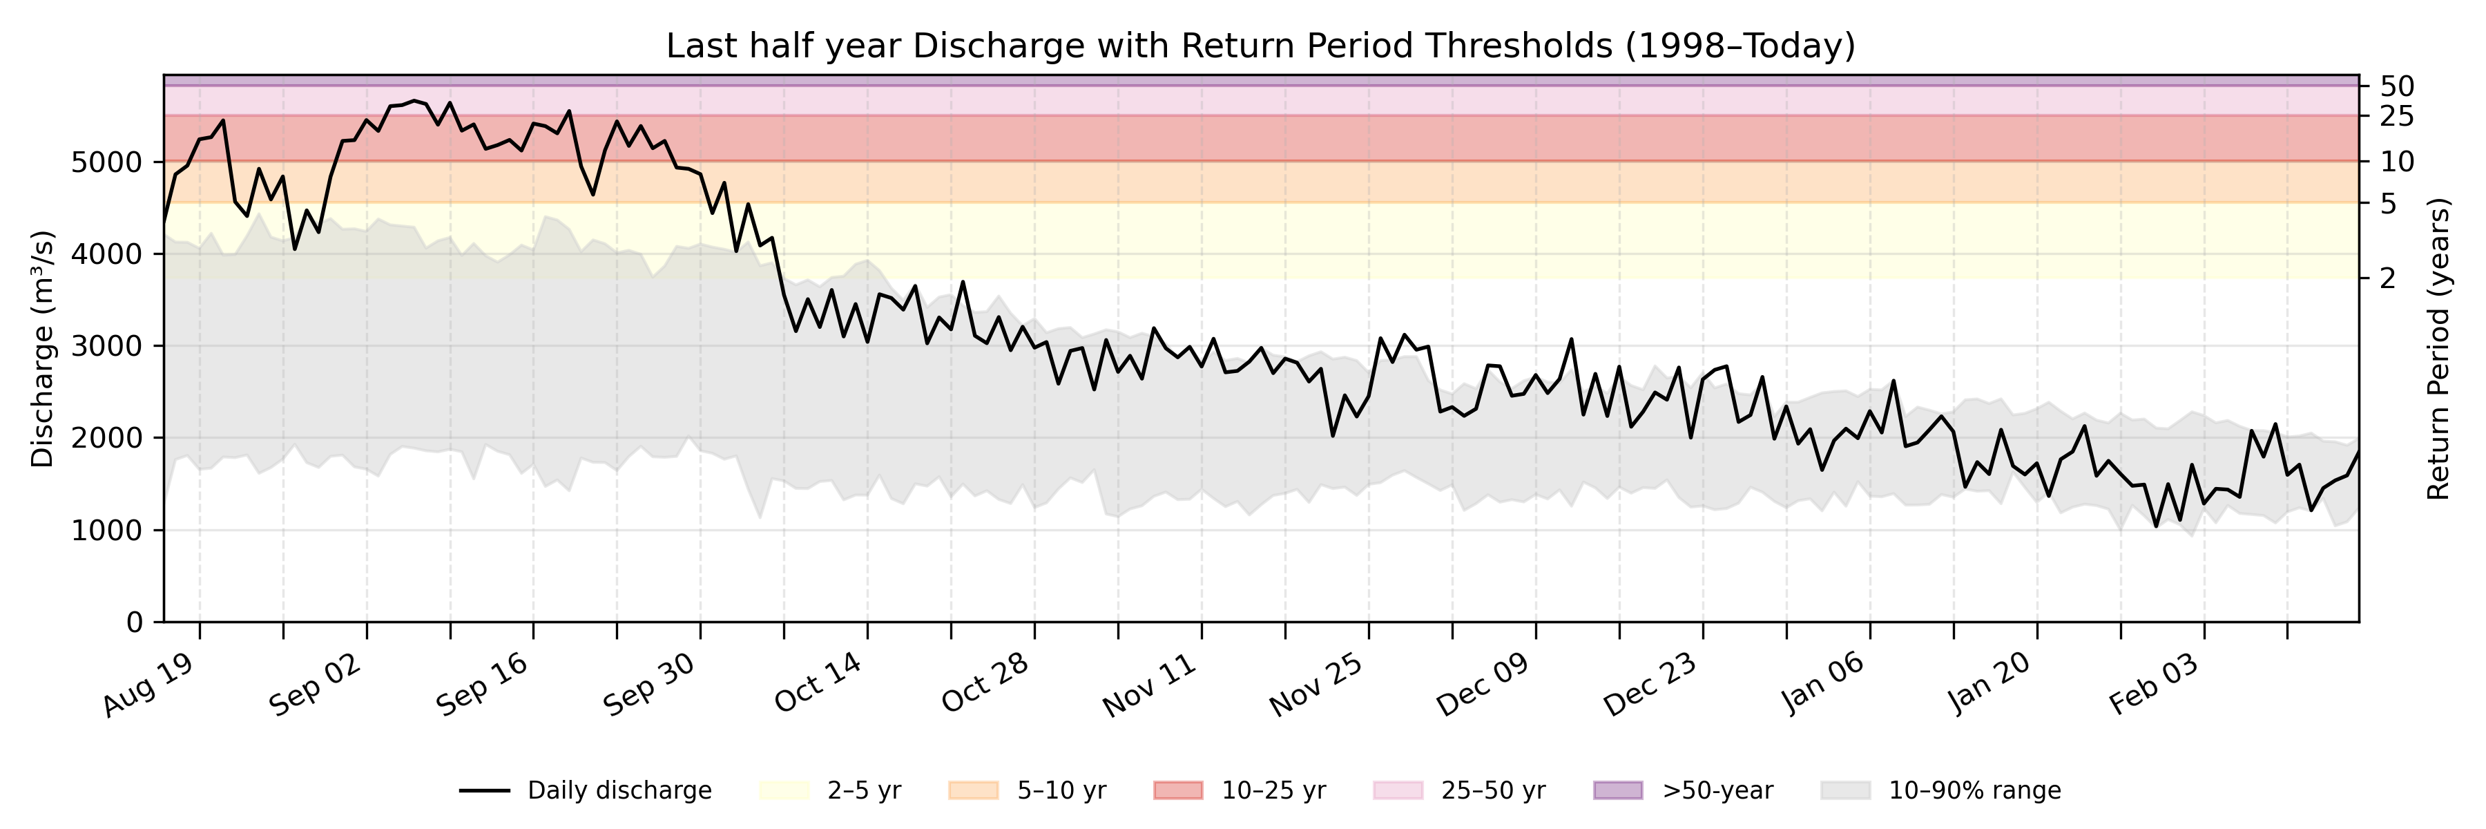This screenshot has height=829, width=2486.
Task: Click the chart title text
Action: pos(1260,46)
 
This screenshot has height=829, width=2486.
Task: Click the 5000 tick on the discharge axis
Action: pos(106,162)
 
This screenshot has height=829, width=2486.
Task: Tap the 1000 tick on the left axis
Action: pos(106,531)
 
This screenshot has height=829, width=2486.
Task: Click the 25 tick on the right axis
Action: pos(2397,117)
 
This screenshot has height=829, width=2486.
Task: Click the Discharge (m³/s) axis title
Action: pos(42,350)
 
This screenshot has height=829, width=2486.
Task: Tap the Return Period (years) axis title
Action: pos(2439,350)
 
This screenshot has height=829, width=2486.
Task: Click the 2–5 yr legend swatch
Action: pos(784,790)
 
